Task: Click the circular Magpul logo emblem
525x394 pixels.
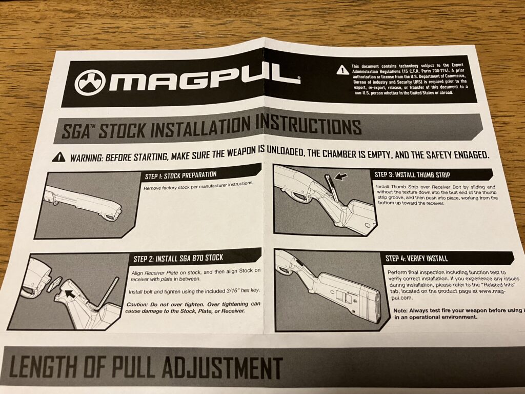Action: (x=90, y=83)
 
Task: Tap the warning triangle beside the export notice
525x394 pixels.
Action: (x=342, y=70)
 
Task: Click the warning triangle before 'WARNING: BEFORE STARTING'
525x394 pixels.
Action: (x=59, y=156)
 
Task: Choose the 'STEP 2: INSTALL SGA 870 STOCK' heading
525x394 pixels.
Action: (x=178, y=258)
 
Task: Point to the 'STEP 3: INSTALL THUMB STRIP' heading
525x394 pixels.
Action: (x=412, y=174)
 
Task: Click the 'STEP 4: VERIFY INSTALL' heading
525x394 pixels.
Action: (x=416, y=259)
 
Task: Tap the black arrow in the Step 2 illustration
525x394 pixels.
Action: (x=70, y=294)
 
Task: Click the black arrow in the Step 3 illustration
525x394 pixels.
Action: (x=341, y=176)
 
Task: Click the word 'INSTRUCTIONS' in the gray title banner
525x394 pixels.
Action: (x=308, y=127)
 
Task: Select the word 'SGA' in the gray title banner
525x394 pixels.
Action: (x=75, y=131)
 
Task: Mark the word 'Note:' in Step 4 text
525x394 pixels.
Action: (x=400, y=310)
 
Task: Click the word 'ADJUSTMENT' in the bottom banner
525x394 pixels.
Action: (x=221, y=368)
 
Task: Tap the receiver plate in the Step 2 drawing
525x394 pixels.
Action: (x=54, y=283)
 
